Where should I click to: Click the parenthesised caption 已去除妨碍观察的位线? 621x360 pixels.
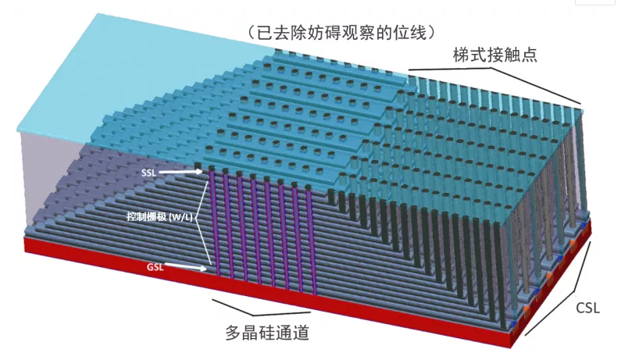340,32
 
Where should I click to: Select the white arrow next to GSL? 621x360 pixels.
188,267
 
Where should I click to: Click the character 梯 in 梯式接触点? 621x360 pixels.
460,56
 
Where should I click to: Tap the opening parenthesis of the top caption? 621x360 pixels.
249,32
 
